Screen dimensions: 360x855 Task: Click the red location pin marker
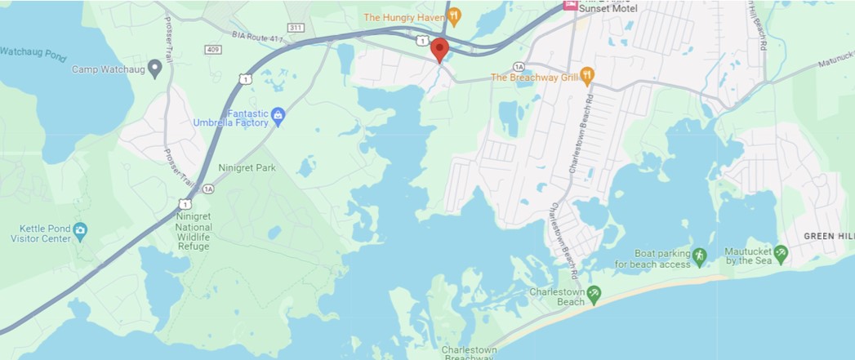point(439,48)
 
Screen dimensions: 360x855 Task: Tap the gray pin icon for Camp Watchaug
point(154,69)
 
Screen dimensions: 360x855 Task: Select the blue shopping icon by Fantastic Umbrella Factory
point(278,114)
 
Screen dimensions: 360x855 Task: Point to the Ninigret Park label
point(247,168)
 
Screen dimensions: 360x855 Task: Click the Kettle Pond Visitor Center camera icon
point(80,230)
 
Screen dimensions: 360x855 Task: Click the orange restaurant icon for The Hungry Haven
point(455,16)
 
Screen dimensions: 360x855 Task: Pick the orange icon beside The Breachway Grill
point(587,76)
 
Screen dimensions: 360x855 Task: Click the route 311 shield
point(296,28)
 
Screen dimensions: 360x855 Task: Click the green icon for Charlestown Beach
point(594,292)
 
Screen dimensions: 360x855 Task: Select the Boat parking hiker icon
point(698,256)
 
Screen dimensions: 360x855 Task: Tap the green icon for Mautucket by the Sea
point(781,253)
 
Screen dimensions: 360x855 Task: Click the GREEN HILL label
point(827,236)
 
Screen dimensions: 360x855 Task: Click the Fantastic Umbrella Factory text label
point(230,118)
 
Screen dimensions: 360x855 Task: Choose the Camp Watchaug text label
point(107,69)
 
